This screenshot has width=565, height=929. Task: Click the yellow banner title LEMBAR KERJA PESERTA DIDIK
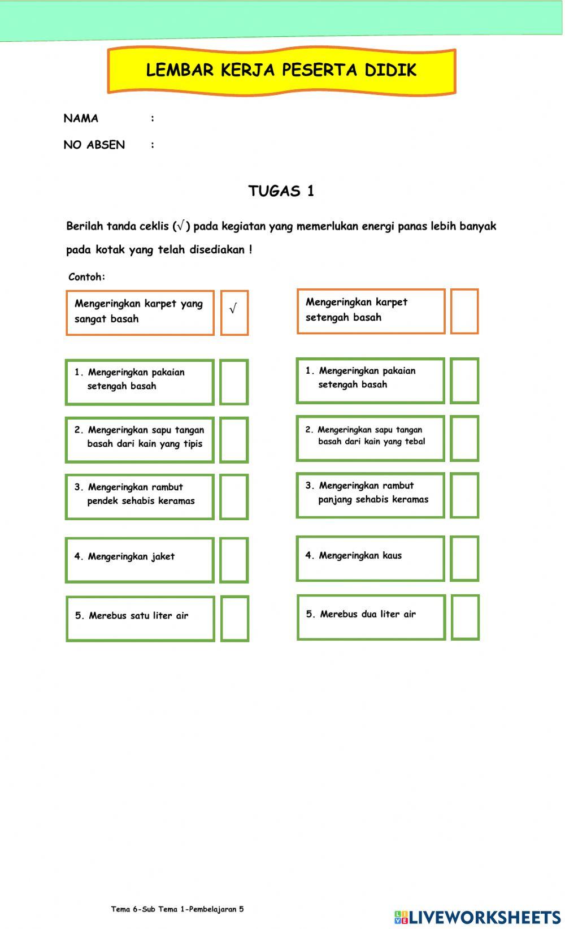click(x=281, y=70)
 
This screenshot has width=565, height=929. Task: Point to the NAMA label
click(x=81, y=118)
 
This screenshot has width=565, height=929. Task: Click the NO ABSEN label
click(x=94, y=145)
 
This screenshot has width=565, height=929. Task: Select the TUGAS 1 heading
click(x=281, y=191)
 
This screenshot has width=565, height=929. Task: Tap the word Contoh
click(x=86, y=277)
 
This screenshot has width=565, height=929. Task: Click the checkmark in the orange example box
click(x=234, y=309)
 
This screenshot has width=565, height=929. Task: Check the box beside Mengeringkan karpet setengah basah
click(x=464, y=311)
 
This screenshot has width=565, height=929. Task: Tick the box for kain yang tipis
click(x=234, y=440)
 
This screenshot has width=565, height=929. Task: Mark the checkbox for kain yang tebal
click(x=464, y=438)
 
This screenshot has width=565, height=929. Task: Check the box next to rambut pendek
click(x=234, y=497)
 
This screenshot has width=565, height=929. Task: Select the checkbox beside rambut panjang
click(x=464, y=495)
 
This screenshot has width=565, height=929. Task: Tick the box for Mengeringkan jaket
click(x=234, y=560)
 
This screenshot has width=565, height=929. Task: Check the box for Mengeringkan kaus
click(x=464, y=559)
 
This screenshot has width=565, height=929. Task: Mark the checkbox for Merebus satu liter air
click(x=234, y=618)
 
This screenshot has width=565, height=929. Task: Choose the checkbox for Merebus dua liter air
click(x=465, y=617)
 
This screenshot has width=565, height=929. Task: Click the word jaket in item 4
click(x=163, y=557)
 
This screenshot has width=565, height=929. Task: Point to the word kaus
click(x=392, y=556)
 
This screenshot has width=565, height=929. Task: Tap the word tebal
click(x=415, y=442)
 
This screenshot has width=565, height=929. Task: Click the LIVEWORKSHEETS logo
click(x=477, y=917)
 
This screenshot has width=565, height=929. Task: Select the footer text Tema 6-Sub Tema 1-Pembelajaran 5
click(x=177, y=909)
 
